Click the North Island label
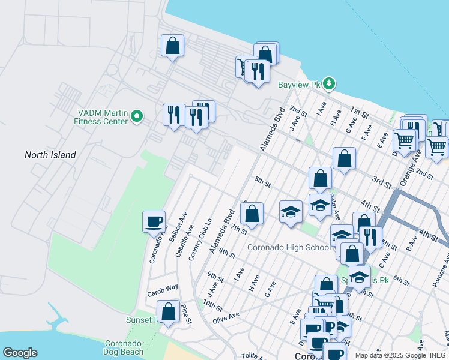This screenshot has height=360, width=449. [50, 155]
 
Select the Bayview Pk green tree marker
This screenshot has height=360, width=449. [328, 83]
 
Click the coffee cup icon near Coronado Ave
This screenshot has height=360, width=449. [154, 221]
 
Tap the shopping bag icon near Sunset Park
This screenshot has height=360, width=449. [168, 311]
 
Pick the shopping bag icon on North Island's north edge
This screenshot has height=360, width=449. [172, 46]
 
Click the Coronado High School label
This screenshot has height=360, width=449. [289, 247]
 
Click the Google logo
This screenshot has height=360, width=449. [20, 353]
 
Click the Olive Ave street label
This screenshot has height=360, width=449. [226, 315]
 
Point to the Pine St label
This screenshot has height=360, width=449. [186, 316]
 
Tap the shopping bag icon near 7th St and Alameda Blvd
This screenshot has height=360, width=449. [252, 213]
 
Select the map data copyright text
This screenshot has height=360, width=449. [400, 355]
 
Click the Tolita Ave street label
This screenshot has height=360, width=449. [252, 356]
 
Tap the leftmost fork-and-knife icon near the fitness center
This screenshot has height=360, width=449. [174, 114]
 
